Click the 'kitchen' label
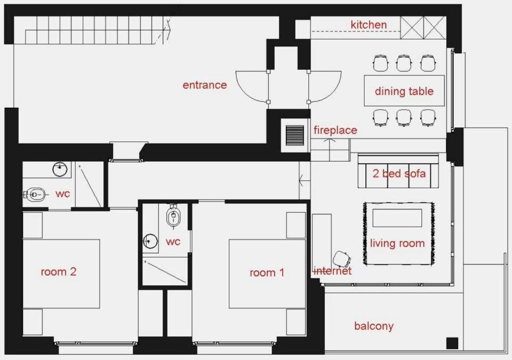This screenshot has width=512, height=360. click(x=369, y=25)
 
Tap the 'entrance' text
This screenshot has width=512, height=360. click(x=205, y=85)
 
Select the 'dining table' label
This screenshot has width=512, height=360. click(x=404, y=91)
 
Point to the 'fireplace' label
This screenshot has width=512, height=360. click(x=335, y=130)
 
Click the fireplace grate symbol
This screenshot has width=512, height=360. click(x=295, y=135)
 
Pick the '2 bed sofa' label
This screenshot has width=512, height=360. click(x=399, y=173)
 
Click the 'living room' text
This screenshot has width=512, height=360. click(x=397, y=243)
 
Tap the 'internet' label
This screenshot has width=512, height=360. click(x=332, y=271)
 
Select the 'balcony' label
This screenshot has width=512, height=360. click(x=374, y=326)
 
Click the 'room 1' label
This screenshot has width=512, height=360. click(x=267, y=273)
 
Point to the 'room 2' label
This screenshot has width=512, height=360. click(x=59, y=271)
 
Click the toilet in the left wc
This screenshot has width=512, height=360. click(x=34, y=195)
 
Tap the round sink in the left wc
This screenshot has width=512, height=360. click(x=60, y=169)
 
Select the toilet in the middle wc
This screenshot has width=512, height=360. click(x=173, y=215)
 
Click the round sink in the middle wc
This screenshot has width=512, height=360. click(x=150, y=242)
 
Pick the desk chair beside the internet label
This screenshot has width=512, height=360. click(x=342, y=259)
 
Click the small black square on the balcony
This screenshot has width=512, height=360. click(x=452, y=343)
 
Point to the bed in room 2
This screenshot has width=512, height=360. click(x=61, y=274)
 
